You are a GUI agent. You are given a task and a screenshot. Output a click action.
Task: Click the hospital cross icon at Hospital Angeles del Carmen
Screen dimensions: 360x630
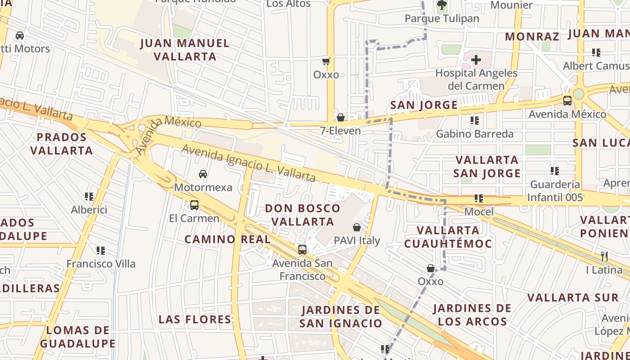(476, 59)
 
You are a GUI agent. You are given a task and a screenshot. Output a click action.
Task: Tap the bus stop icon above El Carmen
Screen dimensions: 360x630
(194, 205)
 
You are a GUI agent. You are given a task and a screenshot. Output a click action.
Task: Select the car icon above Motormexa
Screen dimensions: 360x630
(203, 174)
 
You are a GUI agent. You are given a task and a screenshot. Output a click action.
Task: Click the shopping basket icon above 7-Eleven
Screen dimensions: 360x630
(341, 117)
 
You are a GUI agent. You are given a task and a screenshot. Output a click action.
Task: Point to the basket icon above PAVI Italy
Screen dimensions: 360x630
(357, 227)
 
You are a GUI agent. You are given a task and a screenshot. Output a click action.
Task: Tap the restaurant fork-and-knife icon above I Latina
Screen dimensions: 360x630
(604, 256)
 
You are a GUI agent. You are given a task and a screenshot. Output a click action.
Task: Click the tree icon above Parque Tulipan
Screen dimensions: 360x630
(441, 5)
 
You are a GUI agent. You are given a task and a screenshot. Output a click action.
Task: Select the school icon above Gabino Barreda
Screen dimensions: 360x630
(475, 121)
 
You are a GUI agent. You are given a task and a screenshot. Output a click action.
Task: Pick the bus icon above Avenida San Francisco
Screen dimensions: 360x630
(302, 249)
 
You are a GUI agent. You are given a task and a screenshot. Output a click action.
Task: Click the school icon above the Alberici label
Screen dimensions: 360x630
(89, 197)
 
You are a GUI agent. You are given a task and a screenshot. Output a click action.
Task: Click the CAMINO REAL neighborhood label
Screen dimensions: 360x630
(227, 239)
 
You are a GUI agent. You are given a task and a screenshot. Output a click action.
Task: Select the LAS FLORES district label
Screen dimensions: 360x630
(195, 319)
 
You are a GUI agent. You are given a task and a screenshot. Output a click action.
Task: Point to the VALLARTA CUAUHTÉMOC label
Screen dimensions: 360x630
(448, 237)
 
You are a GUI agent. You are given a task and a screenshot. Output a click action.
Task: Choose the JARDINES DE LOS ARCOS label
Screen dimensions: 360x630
(472, 315)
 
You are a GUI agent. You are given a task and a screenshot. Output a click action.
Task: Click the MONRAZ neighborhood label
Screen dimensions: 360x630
(532, 36)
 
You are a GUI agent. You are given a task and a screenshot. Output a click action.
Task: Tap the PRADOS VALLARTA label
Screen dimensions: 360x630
(62, 144)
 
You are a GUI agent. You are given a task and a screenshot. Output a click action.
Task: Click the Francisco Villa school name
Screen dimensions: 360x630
(101, 264)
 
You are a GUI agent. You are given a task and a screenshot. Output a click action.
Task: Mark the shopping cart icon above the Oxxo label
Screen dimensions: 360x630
(326, 61)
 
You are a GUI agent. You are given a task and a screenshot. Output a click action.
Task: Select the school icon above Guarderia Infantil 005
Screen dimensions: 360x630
(555, 171)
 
